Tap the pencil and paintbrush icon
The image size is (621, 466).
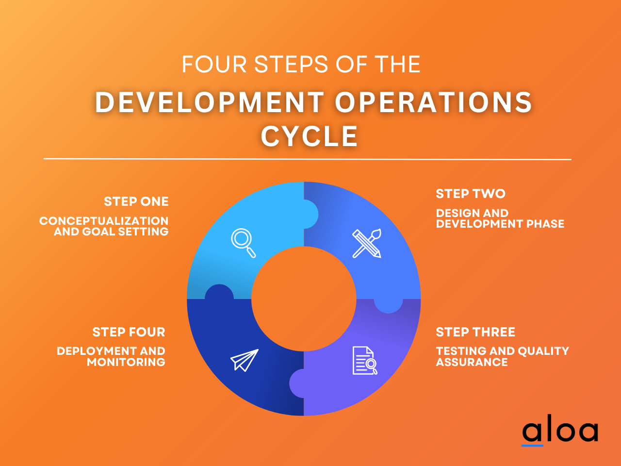(x=367, y=243)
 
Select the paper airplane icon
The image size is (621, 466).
(x=244, y=360)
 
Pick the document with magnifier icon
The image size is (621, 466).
(x=364, y=361)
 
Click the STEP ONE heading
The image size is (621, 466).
(x=136, y=201)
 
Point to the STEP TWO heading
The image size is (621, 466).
(x=471, y=194)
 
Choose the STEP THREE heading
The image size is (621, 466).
(x=475, y=332)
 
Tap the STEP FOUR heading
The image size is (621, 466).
(x=129, y=332)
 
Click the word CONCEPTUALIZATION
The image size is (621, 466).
(x=104, y=221)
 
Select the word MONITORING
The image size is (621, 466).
(x=126, y=362)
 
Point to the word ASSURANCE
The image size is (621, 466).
(x=472, y=362)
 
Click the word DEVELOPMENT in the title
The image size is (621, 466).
(x=210, y=103)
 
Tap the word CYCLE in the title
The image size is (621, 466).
(x=310, y=136)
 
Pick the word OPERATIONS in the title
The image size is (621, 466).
(x=434, y=103)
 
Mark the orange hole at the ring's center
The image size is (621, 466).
(x=304, y=299)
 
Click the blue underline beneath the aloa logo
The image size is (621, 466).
(x=532, y=445)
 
